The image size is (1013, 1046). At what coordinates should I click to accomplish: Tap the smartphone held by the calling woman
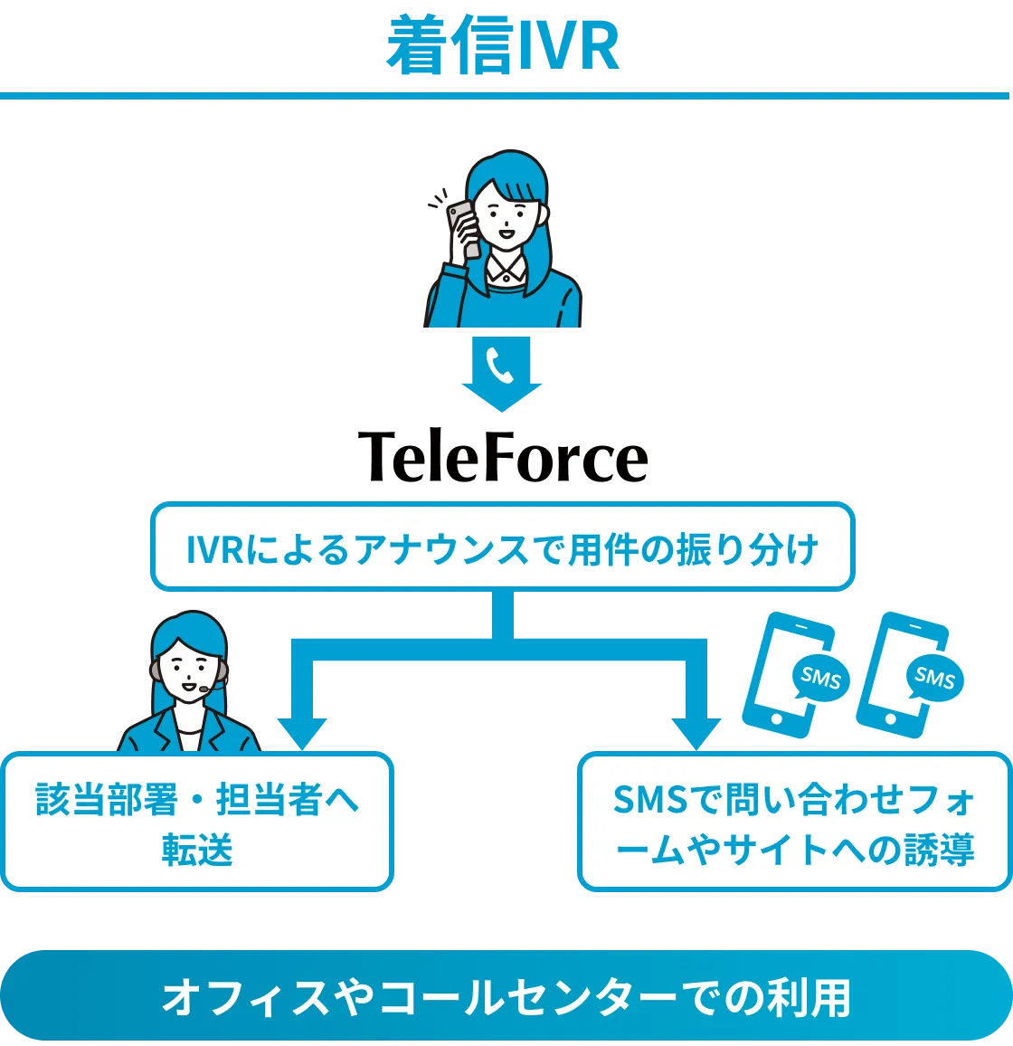[463, 228]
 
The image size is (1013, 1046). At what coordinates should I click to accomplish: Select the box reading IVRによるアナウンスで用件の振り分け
[503, 547]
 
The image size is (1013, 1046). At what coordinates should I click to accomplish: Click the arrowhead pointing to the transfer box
[301, 732]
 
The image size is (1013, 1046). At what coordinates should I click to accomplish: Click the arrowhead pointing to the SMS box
[696, 732]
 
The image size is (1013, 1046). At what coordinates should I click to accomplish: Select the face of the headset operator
[190, 667]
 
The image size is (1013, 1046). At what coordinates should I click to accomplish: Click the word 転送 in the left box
[197, 851]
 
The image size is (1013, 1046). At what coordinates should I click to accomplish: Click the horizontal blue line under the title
[505, 93]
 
